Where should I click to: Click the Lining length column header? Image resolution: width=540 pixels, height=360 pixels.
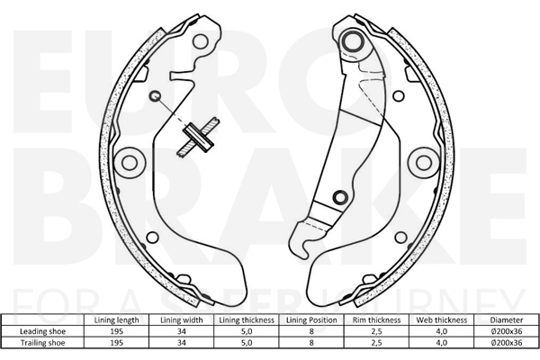point(116,320)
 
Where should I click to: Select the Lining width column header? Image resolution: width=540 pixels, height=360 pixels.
point(182,320)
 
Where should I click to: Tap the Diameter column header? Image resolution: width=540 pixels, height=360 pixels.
point(507,320)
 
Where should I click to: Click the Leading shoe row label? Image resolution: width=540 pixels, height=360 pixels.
point(42,331)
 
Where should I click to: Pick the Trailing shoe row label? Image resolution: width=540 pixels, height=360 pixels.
point(42,343)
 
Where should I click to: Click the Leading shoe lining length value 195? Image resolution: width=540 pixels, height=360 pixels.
point(116,331)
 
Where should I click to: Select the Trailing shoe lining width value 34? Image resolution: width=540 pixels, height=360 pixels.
point(182,343)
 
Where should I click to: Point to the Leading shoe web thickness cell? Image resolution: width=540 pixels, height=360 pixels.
point(442,331)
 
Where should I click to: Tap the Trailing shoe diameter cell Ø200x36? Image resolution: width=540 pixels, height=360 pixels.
point(507,343)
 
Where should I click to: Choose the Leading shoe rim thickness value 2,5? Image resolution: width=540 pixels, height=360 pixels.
point(376,331)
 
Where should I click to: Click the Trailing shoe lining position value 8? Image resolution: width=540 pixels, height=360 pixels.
point(311,343)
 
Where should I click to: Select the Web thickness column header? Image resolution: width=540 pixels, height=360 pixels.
point(442,320)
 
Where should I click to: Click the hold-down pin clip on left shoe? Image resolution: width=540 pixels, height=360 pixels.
point(198,138)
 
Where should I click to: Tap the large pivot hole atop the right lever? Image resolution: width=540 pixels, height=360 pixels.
point(352,41)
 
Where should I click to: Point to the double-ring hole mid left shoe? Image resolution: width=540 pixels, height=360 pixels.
point(130,162)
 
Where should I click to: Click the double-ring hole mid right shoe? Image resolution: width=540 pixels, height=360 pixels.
point(424,162)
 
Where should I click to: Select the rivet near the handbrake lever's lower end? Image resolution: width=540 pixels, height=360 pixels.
point(340,197)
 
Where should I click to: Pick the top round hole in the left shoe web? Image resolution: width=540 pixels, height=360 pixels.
point(201,41)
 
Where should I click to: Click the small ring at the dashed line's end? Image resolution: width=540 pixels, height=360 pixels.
point(155,95)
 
